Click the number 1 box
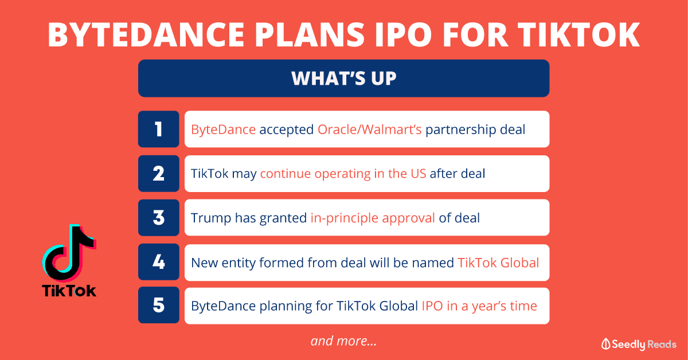(x=158, y=129)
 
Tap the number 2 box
(x=158, y=174)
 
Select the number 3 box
(x=158, y=218)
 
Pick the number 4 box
(x=158, y=262)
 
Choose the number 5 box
(x=158, y=305)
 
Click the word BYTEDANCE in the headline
(x=146, y=35)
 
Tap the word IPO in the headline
(x=403, y=35)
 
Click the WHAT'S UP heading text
(x=343, y=79)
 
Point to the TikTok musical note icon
(x=69, y=252)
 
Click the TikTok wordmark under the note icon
(x=69, y=291)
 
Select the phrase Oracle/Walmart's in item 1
(x=369, y=130)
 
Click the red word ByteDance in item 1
(x=223, y=130)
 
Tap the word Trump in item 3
(x=211, y=218)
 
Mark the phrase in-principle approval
(x=373, y=218)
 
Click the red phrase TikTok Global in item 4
(x=498, y=263)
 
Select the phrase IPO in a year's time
(x=479, y=306)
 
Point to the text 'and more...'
(x=343, y=341)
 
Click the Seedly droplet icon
(x=605, y=344)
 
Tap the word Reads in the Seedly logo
(x=662, y=345)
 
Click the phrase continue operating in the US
(x=343, y=174)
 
